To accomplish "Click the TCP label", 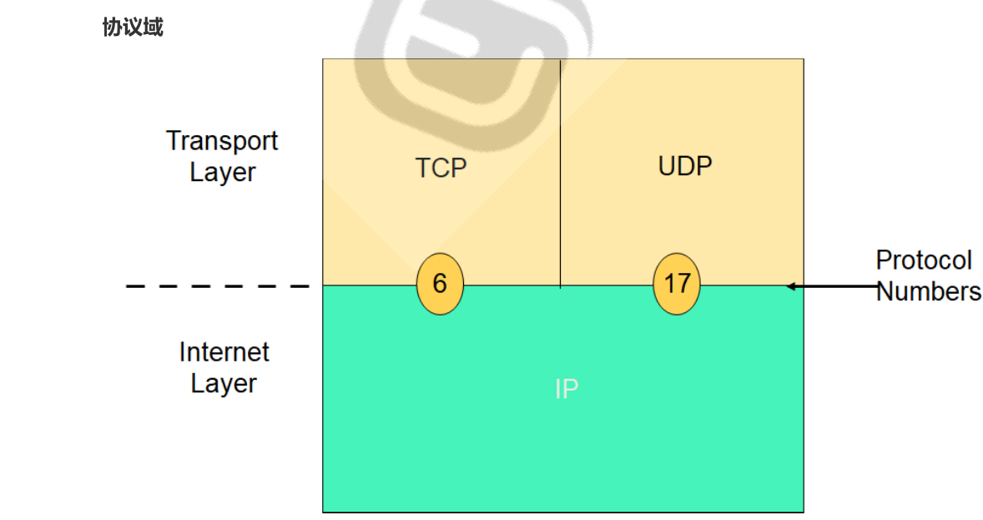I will click(441, 168).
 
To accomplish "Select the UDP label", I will click(685, 166).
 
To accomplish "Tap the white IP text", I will click(566, 389).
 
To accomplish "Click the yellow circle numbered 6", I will click(440, 284).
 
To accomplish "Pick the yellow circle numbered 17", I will click(677, 284).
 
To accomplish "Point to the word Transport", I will click(222, 140).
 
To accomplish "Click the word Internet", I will click(224, 352).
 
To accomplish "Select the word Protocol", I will click(924, 260).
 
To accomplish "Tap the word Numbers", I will click(929, 291).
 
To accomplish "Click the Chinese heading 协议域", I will click(133, 28).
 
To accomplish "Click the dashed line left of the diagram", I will click(217, 286).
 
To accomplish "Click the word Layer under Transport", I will click(222, 173).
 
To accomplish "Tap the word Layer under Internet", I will click(224, 384).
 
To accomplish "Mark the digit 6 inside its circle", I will click(440, 284).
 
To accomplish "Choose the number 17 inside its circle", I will click(677, 284).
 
